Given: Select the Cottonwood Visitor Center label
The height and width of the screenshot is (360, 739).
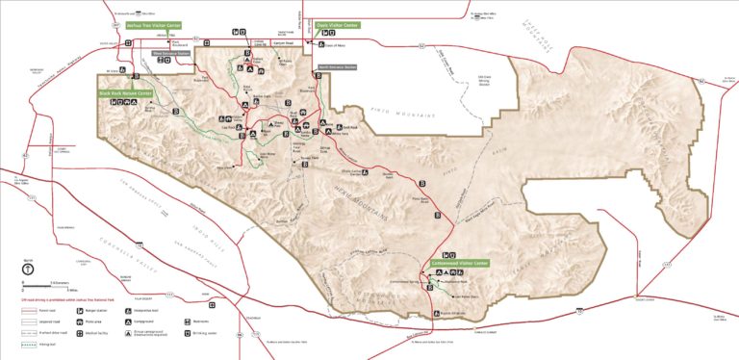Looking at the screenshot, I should point(461,262).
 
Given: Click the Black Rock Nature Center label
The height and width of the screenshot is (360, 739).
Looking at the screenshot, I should point(125,93).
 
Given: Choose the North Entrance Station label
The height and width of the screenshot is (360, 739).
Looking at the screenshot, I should point(337,66).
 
